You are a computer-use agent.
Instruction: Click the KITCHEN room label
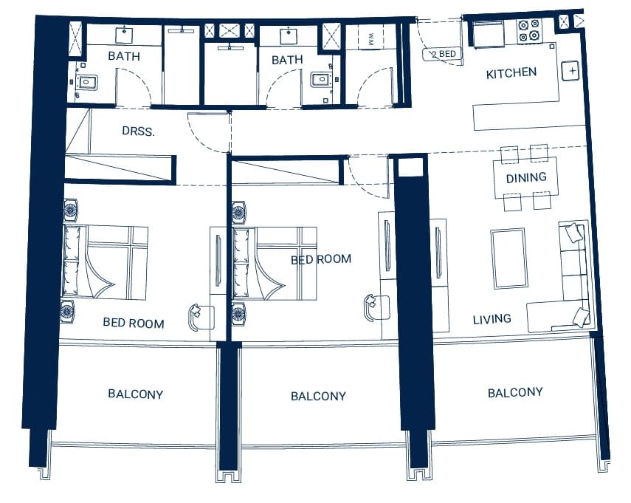(x=511, y=73)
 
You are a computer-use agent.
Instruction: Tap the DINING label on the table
(x=526, y=177)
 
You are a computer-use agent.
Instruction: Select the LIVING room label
(x=492, y=319)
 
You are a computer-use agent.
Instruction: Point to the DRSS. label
(x=139, y=131)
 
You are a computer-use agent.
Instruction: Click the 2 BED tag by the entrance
(x=443, y=54)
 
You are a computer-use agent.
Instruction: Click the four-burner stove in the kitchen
(x=528, y=30)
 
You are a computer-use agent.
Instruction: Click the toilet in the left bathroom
(x=88, y=82)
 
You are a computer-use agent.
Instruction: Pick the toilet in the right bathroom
(x=321, y=79)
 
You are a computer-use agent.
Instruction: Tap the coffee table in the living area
(x=508, y=258)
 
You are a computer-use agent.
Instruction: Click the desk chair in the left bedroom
(x=201, y=317)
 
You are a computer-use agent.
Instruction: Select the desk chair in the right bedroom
(x=376, y=307)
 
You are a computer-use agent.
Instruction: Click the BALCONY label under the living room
(x=515, y=393)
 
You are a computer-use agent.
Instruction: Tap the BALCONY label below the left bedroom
(x=136, y=394)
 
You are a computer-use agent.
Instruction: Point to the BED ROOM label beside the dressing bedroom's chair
(x=134, y=323)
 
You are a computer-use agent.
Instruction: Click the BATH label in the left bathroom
(x=124, y=56)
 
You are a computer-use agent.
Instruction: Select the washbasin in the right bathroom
(x=289, y=35)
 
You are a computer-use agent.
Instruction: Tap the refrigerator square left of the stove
(x=488, y=34)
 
